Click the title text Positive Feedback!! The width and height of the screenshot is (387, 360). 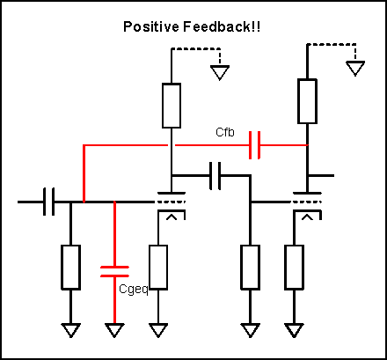click(x=192, y=26)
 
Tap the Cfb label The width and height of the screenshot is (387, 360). click(x=225, y=132)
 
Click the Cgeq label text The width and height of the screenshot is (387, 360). click(x=134, y=290)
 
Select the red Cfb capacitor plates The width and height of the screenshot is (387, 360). click(x=254, y=145)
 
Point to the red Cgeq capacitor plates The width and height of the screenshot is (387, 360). click(x=114, y=271)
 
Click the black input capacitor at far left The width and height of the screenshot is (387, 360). click(x=48, y=202)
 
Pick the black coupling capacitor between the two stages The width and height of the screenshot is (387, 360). click(x=215, y=176)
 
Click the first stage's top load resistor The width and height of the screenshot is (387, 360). click(x=172, y=106)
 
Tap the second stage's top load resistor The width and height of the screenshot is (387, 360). click(x=307, y=101)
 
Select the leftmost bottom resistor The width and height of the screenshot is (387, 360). click(x=70, y=268)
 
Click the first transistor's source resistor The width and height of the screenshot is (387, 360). click(x=158, y=268)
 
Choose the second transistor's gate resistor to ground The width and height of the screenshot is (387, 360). click(x=250, y=268)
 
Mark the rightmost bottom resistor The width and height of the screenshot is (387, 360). click(x=294, y=268)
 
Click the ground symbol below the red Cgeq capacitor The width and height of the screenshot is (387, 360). click(x=114, y=330)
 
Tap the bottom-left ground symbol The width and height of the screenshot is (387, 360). click(x=70, y=330)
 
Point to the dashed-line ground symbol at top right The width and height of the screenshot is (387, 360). click(x=355, y=68)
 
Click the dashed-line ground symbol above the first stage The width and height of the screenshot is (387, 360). click(x=220, y=72)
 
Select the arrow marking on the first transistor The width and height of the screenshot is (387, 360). click(x=172, y=217)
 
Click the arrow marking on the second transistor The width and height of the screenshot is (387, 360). click(x=308, y=217)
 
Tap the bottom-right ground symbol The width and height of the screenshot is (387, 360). click(x=294, y=330)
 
